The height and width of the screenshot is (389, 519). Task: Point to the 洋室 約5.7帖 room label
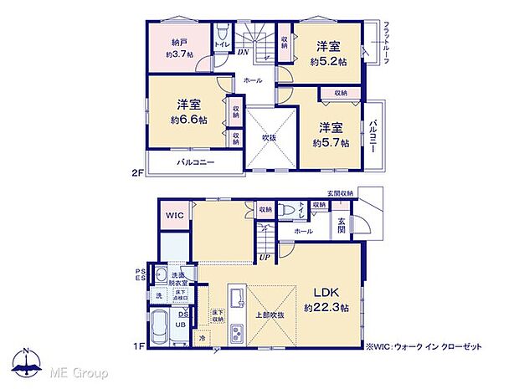point(328,134)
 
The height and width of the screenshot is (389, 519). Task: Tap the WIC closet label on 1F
point(174,215)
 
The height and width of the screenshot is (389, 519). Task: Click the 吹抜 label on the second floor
point(269,137)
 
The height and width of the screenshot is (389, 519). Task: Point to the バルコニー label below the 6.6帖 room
point(196,161)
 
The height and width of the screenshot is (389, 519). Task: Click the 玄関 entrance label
point(342,225)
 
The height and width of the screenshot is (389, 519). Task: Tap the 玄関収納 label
point(340,193)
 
